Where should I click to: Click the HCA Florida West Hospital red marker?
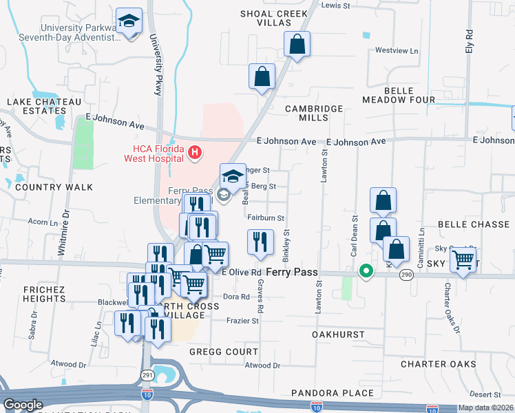[x=195, y=152]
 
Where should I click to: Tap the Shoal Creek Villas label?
[x=274, y=18]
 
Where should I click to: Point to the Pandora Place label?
[x=342, y=392]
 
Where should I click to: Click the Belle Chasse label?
[x=473, y=224]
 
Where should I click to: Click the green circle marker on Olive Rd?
[x=367, y=273]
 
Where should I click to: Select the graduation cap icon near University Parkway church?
[x=129, y=21]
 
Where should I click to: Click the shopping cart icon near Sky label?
[x=463, y=260]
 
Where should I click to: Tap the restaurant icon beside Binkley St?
[x=260, y=242]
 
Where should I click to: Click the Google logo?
[x=23, y=405]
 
